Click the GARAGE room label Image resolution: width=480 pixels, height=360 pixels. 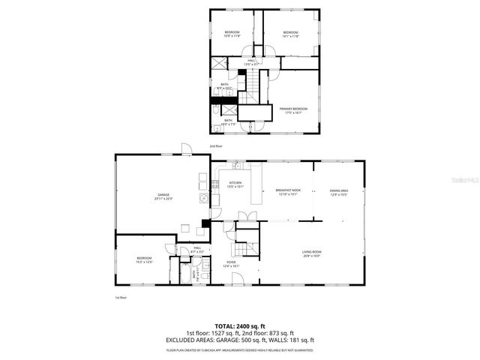tap(164, 197)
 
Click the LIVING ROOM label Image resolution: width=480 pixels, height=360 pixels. tap(311, 253)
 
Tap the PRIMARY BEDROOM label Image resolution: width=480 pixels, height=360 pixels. tap(294, 110)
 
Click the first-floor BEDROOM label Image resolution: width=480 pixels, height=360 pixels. tap(144, 259)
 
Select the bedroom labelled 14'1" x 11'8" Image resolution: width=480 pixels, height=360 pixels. tap(291, 34)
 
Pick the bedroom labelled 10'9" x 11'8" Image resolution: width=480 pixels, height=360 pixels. tap(232, 34)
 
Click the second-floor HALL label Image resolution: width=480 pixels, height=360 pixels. tap(252, 62)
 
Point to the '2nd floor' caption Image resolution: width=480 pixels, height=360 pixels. tap(216, 145)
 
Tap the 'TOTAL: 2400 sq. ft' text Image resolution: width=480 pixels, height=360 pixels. tap(240, 326)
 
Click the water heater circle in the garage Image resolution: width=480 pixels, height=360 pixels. tap(202, 198)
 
